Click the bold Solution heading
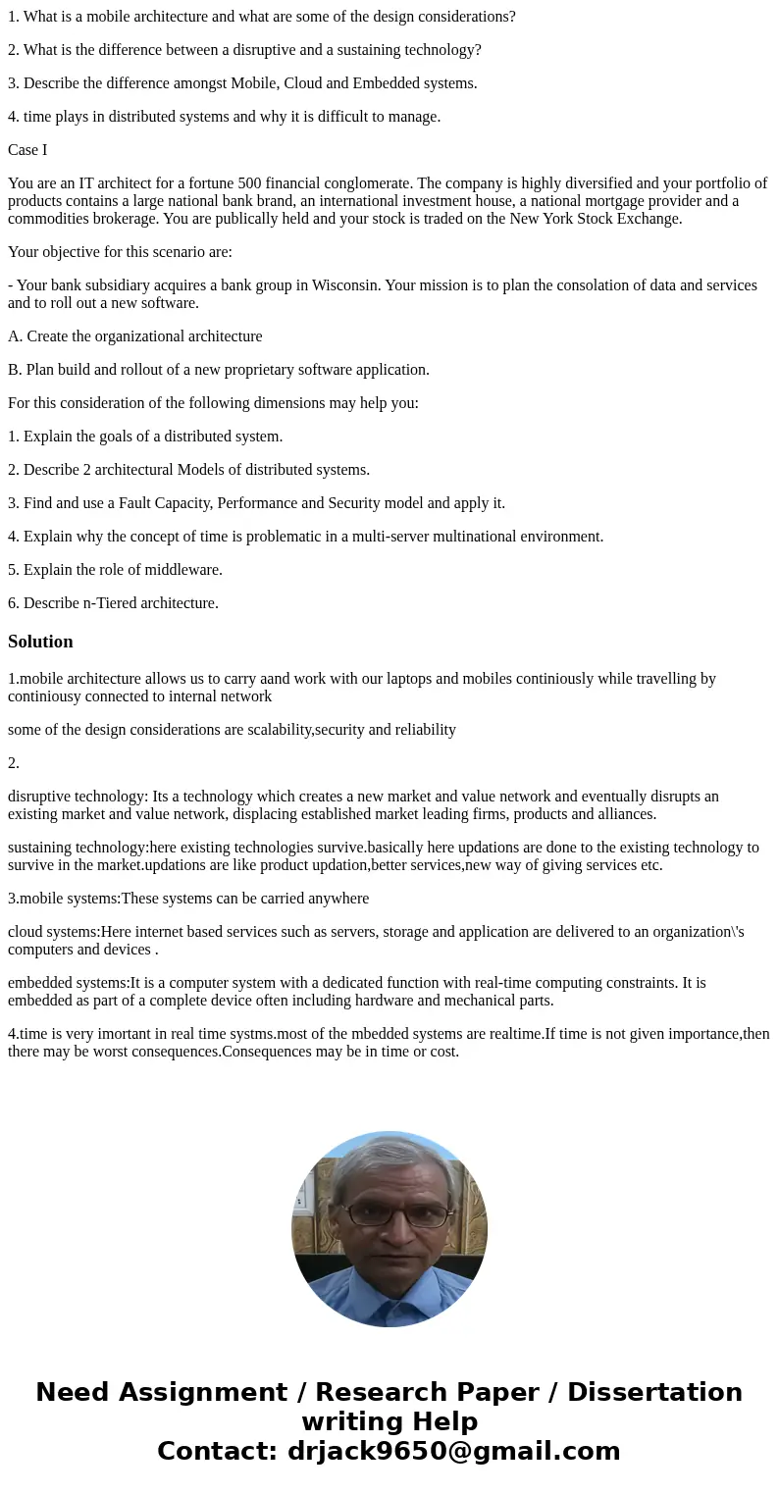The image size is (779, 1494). pos(40,642)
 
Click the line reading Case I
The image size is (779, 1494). pos(27,150)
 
